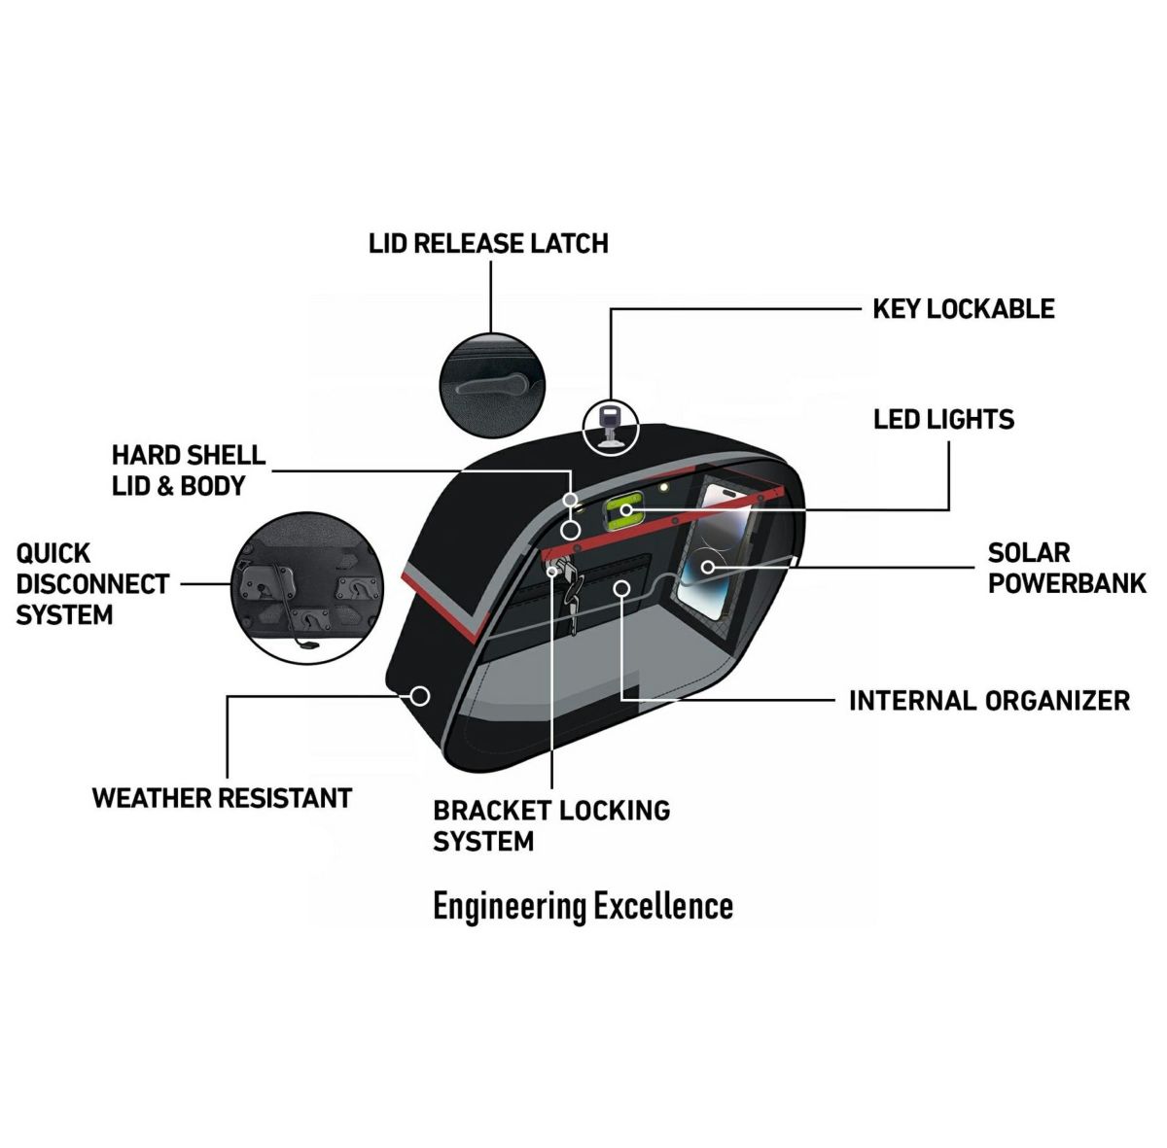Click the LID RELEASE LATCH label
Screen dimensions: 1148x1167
488,243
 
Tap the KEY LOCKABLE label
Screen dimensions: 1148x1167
963,309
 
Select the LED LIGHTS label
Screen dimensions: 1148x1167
943,420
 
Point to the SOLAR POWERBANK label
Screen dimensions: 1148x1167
1067,568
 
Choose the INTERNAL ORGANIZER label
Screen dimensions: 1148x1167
989,701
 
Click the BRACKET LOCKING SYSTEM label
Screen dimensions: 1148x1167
551,825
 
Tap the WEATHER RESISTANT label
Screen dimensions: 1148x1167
222,798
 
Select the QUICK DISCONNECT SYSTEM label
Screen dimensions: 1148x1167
92,584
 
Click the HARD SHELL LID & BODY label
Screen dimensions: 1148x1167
188,470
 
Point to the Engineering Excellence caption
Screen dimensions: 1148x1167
583,906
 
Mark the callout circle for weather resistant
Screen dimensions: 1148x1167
420,696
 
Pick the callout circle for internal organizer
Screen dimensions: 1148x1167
621,587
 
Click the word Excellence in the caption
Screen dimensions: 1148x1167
663,906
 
